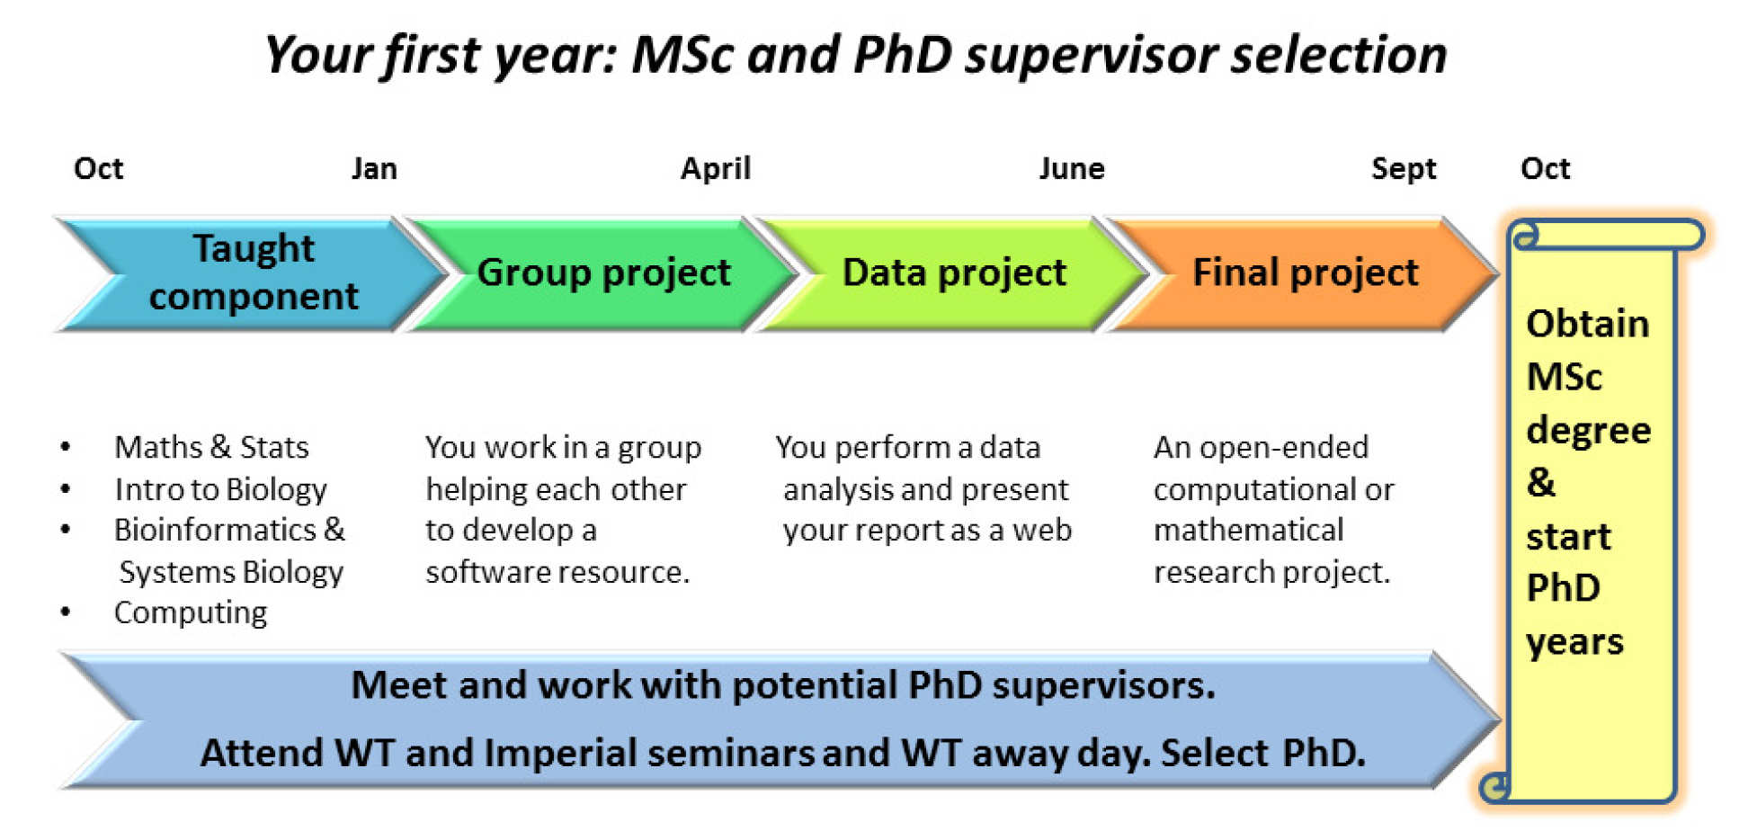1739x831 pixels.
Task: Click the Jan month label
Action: click(x=374, y=168)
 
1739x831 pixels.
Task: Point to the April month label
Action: click(x=716, y=169)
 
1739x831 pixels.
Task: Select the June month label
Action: click(x=1072, y=168)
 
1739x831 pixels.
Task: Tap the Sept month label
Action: click(x=1404, y=169)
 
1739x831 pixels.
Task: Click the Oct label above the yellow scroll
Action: click(x=1545, y=168)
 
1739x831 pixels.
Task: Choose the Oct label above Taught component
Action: click(x=99, y=168)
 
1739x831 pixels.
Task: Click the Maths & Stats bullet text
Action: click(x=211, y=447)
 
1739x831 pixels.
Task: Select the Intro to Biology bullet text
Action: click(x=220, y=489)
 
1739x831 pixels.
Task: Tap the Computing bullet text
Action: click(x=191, y=612)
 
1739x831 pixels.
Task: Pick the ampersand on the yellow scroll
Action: click(x=1541, y=482)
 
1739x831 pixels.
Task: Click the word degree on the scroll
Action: click(x=1589, y=431)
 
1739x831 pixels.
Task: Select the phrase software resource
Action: click(x=557, y=572)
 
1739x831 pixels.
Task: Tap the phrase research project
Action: click(x=1271, y=572)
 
